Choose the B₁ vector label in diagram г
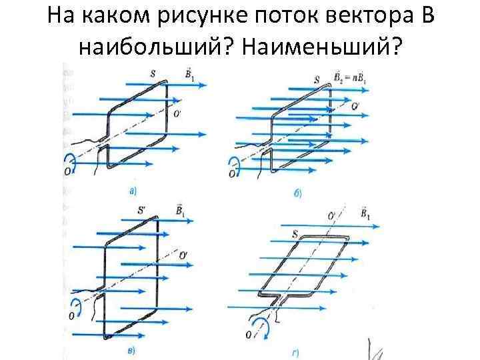[x=365, y=215]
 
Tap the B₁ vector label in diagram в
[x=180, y=211]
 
